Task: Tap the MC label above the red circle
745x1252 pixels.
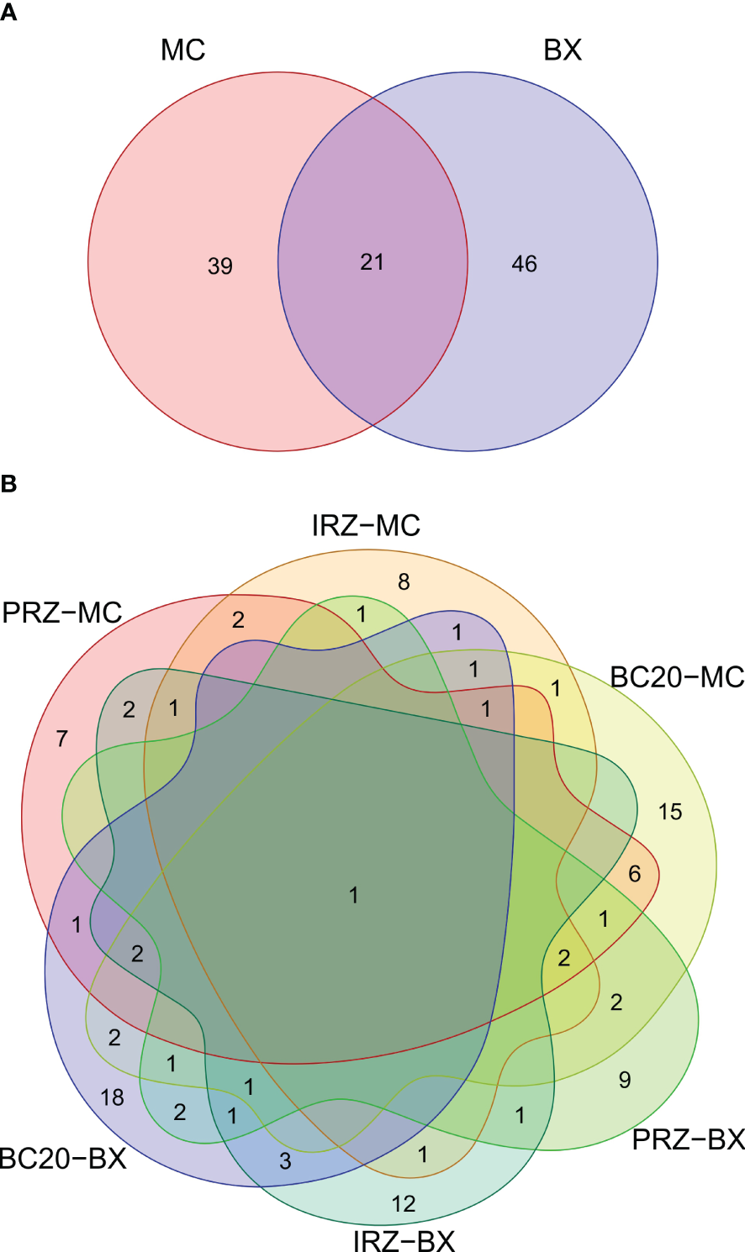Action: (182, 50)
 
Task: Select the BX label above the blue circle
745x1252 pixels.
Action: (563, 50)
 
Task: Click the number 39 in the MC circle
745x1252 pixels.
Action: (220, 266)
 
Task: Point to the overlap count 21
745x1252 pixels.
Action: (372, 262)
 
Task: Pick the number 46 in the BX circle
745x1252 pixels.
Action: (524, 264)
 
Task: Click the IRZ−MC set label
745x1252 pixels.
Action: (366, 526)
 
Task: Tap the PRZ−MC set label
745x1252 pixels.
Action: (62, 613)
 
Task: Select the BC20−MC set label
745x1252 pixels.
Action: (677, 676)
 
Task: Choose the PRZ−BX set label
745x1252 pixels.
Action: (689, 1139)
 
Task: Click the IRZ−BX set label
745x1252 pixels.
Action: (404, 1240)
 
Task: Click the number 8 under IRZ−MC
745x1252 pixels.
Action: (404, 581)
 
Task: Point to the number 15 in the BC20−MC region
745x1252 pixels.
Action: (670, 813)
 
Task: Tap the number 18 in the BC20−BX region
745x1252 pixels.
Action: (112, 1097)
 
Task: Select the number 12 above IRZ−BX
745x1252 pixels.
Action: (404, 1204)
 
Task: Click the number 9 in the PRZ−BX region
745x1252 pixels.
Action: (625, 1080)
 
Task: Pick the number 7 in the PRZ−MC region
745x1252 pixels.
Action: (62, 739)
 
